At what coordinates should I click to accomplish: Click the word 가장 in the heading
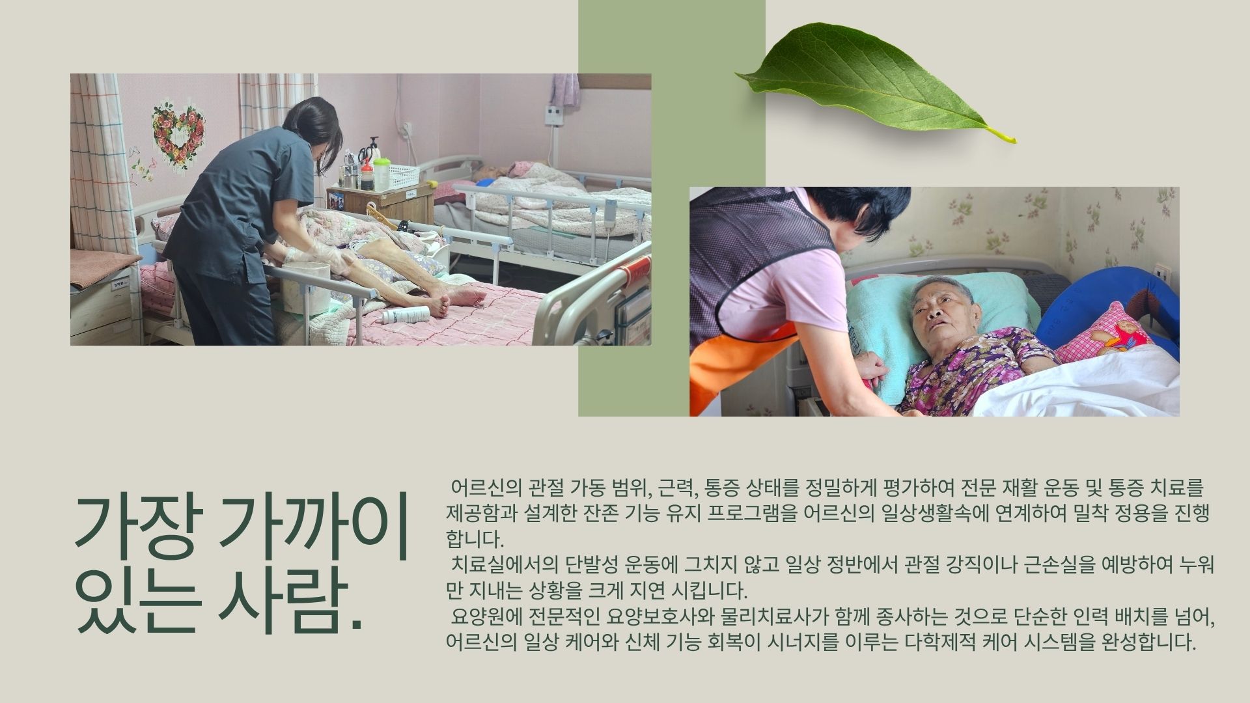137,523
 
